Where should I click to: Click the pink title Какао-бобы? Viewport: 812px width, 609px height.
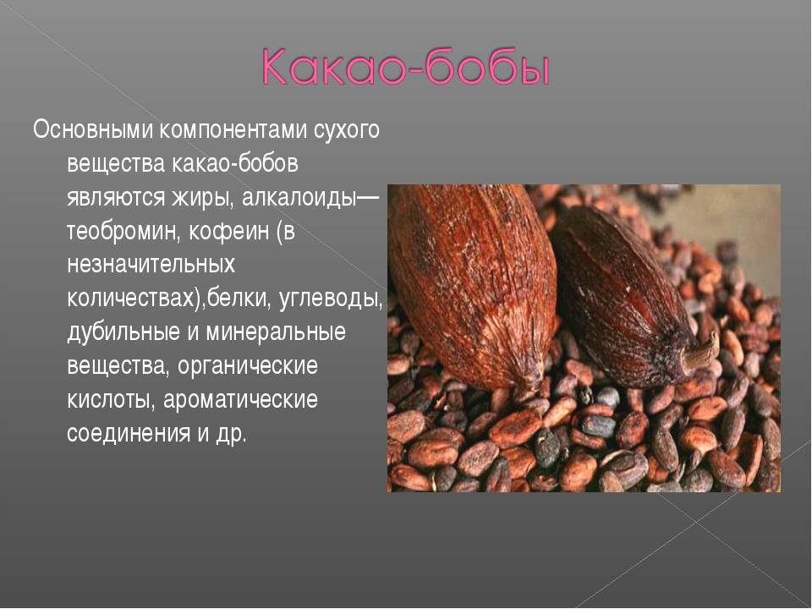click(404, 68)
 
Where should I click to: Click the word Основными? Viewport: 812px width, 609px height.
click(93, 130)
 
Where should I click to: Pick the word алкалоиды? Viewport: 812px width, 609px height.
click(299, 198)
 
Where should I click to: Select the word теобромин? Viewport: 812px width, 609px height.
click(124, 232)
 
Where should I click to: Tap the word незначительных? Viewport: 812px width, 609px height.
click(151, 264)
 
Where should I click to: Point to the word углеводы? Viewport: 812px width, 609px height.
click(331, 299)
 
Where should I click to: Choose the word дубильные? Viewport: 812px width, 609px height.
click(123, 332)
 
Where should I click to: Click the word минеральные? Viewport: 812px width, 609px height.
click(276, 332)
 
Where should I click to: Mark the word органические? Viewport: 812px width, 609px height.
click(248, 366)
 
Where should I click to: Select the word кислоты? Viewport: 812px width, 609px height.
click(112, 400)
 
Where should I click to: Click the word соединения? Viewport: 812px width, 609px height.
click(129, 433)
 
